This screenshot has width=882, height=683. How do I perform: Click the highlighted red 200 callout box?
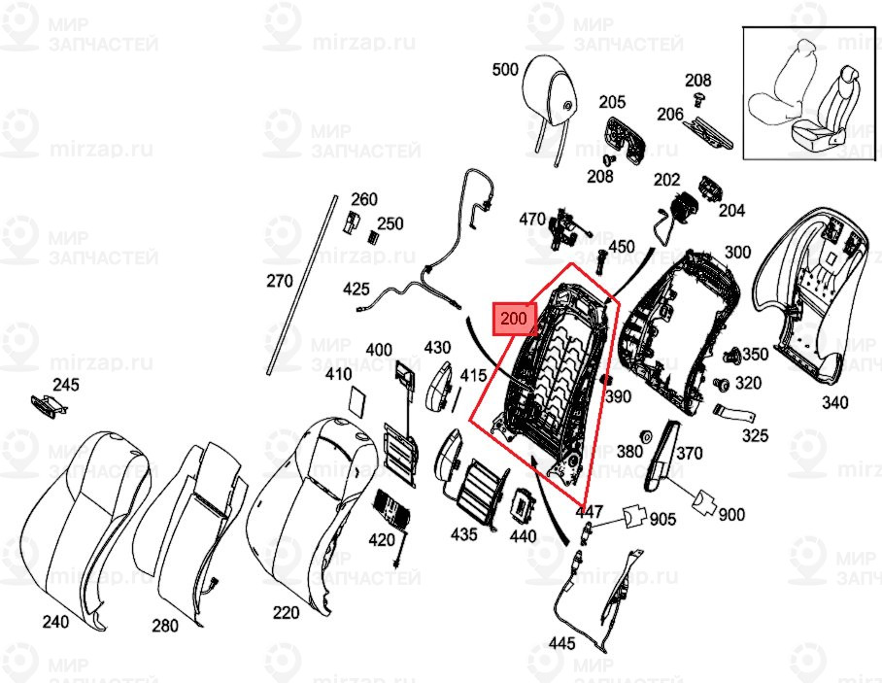(x=515, y=318)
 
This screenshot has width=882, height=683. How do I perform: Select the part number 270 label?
(x=279, y=282)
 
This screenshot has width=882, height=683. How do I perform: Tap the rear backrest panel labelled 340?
(x=816, y=291)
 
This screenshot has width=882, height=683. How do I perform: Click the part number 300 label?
(x=737, y=253)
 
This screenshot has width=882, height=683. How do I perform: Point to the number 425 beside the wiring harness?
(x=356, y=289)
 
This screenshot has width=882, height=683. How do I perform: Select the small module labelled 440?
(x=524, y=505)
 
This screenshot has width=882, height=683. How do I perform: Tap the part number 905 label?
(x=662, y=519)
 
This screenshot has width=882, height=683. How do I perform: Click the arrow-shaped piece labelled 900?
(x=703, y=500)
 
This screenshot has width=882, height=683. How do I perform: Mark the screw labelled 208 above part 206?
(x=697, y=98)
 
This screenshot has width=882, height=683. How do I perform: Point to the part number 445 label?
(x=561, y=642)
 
